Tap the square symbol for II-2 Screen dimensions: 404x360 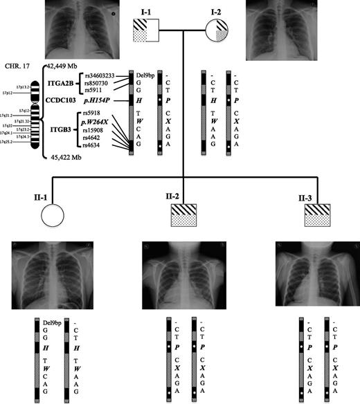coord(182,215)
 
